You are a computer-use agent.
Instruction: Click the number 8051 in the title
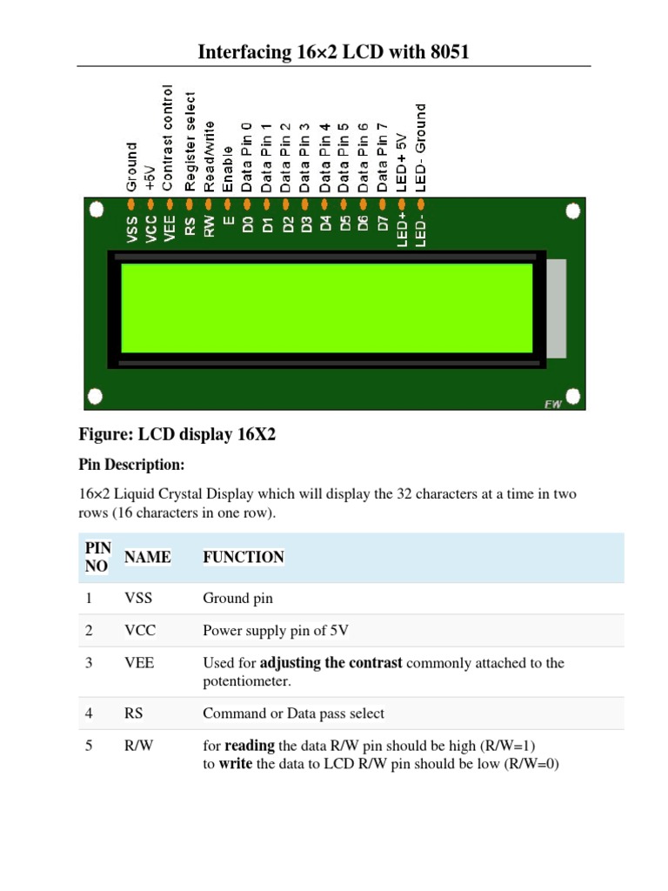click(444, 52)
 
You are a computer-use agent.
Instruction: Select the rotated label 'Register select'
click(189, 141)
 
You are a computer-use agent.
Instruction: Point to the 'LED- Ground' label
click(421, 147)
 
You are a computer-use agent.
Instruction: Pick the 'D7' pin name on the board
click(383, 223)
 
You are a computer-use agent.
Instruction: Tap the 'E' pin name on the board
click(228, 223)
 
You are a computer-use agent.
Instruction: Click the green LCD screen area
click(326, 308)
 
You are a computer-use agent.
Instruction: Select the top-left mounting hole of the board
click(97, 211)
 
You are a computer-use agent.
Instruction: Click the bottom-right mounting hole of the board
click(573, 397)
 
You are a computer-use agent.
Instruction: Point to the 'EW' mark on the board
click(552, 403)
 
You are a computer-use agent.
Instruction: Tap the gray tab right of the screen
click(557, 308)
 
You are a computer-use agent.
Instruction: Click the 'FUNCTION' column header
click(244, 557)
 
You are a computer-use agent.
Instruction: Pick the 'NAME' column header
click(148, 557)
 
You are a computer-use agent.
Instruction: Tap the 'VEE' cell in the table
click(139, 663)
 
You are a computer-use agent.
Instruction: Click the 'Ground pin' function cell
click(237, 599)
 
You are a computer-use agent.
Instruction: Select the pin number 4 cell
click(89, 713)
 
